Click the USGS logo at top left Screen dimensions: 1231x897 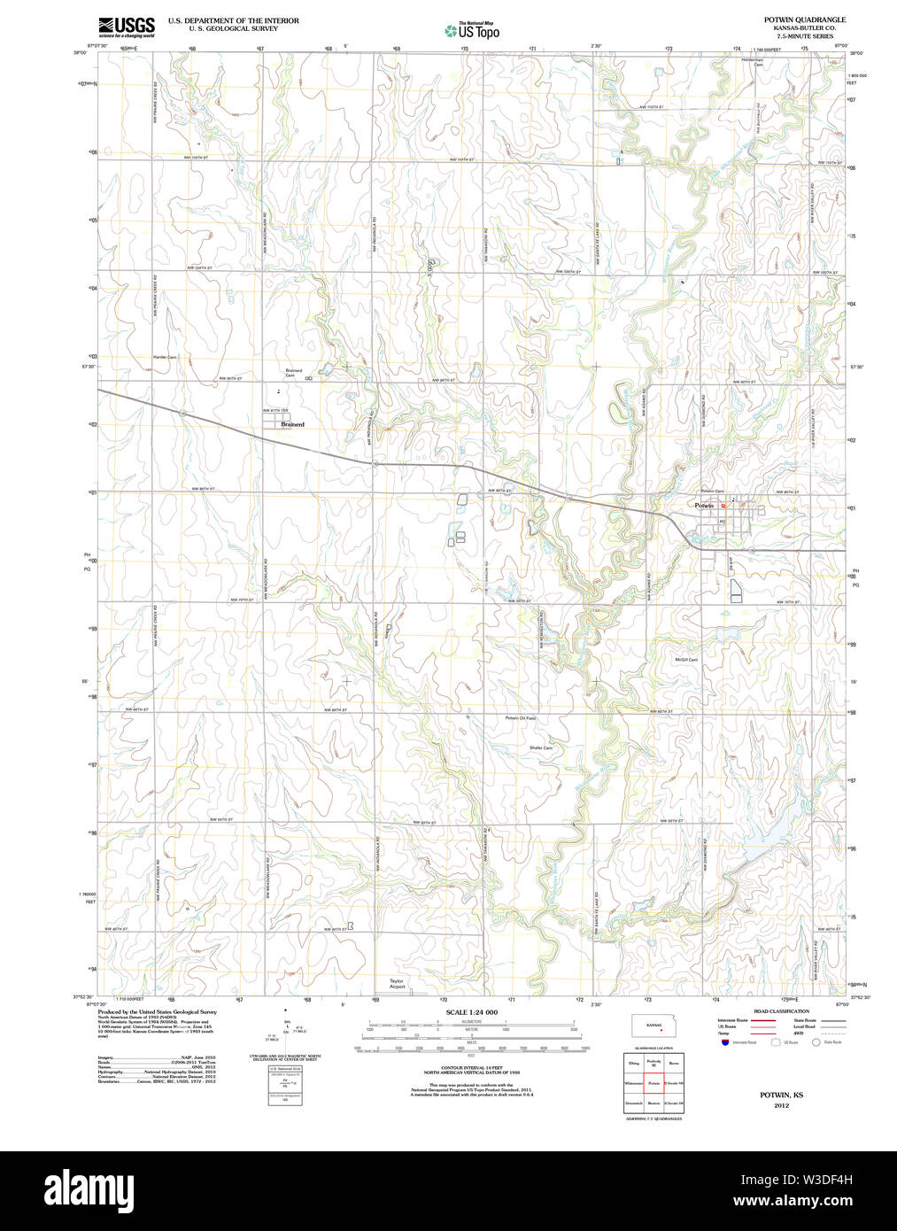[126, 27]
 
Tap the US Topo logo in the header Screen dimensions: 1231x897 [472, 31]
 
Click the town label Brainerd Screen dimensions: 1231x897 [292, 424]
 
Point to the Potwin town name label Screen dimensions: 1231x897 [704, 505]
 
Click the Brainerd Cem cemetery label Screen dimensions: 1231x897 [294, 373]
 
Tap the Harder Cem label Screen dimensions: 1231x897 [165, 357]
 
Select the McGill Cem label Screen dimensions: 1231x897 [686, 660]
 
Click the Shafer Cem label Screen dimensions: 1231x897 [541, 748]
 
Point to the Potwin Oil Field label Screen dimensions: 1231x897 [521, 718]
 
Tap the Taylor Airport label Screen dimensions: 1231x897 [397, 983]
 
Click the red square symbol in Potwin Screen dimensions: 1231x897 [723, 506]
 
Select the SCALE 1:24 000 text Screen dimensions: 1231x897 [471, 1012]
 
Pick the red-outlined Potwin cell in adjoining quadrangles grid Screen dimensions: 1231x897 [653, 1083]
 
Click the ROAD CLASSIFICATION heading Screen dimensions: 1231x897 [781, 1011]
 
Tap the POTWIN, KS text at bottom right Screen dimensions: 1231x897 [780, 1096]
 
